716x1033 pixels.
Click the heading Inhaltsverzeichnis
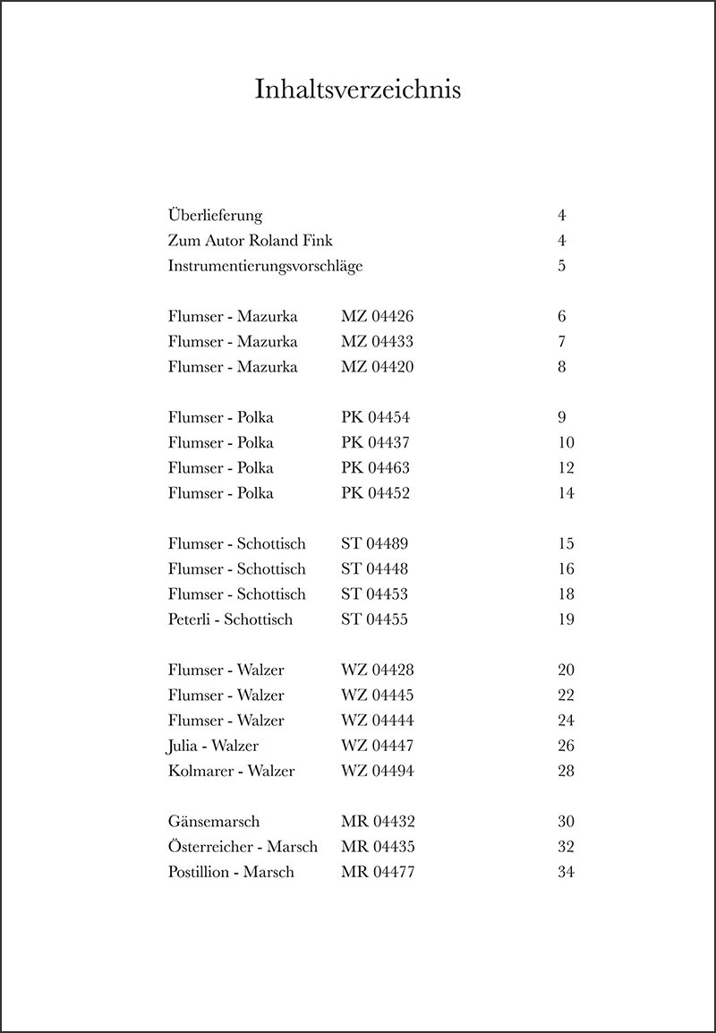click(x=358, y=90)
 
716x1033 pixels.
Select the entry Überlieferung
click(x=215, y=216)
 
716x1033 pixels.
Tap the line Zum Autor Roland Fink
click(x=250, y=241)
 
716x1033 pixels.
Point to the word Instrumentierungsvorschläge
click(x=265, y=267)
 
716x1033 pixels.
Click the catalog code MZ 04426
click(x=378, y=317)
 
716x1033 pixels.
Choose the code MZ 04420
click(x=378, y=367)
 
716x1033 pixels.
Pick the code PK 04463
click(x=376, y=468)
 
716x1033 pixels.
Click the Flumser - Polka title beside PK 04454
click(x=221, y=418)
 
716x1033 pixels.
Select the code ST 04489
click(x=375, y=544)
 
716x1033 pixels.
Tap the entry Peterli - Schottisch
click(x=230, y=619)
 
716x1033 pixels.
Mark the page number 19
click(x=565, y=619)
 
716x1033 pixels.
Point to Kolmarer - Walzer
click(x=231, y=771)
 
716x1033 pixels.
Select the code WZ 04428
click(x=378, y=670)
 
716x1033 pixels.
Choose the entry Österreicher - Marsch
click(x=243, y=847)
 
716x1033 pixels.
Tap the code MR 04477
click(x=378, y=872)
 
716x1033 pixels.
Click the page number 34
click(x=565, y=872)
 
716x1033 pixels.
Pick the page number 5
click(x=561, y=267)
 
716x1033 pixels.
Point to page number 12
click(x=565, y=468)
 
